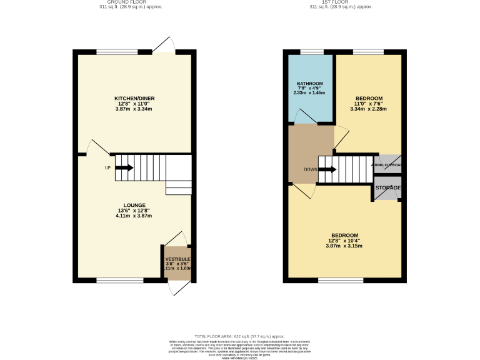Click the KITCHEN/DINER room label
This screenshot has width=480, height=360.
134,99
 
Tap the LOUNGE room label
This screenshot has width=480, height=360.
134,205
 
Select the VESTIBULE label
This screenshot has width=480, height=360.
177,259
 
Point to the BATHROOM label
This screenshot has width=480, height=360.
310,84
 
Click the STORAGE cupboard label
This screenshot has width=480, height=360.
387,187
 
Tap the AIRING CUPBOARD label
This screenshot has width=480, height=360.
387,165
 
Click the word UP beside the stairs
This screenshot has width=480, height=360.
107,167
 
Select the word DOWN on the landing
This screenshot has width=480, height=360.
311,169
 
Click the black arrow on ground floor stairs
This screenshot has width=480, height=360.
124,167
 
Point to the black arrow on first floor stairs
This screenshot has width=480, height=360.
327,169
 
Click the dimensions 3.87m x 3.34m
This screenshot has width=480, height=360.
134,109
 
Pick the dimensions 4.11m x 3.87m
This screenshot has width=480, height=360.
134,216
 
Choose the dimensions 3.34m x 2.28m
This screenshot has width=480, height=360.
368,109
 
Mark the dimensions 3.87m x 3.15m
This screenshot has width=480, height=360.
344,246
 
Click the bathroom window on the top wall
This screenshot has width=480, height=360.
310,52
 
